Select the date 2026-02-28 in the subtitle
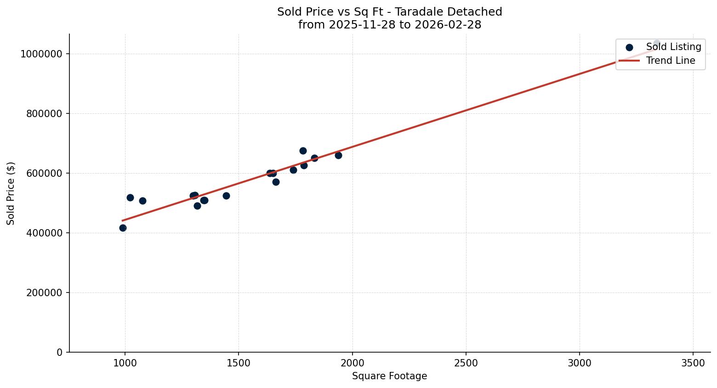[448, 25]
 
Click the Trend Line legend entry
[670, 61]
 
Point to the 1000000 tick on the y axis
[41, 54]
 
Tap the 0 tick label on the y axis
[60, 353]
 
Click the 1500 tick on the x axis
[239, 363]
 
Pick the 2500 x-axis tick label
[466, 363]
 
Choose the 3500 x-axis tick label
[693, 363]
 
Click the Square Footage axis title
[389, 377]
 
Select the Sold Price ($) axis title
[11, 193]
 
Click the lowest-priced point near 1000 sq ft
[123, 228]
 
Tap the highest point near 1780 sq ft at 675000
[303, 151]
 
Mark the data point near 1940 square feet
[338, 155]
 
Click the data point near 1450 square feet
[226, 196]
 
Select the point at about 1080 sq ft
[142, 201]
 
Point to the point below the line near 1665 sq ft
[276, 182]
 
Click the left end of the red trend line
[123, 221]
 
